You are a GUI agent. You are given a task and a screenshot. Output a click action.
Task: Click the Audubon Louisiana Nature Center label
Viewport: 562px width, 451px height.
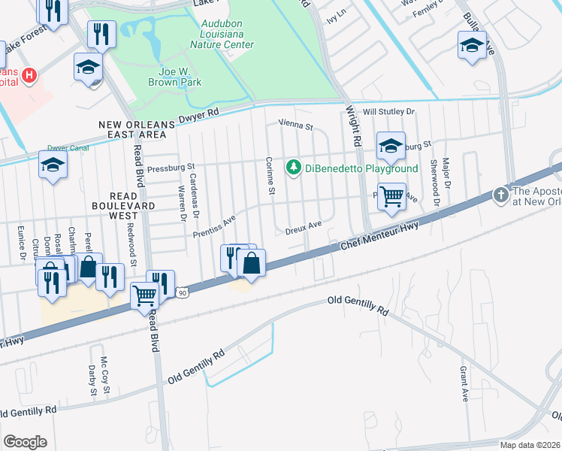click(227, 34)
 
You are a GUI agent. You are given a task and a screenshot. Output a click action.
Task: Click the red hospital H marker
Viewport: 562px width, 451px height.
click(29, 75)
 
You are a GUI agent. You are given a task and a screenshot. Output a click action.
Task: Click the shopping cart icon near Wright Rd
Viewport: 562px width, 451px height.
click(391, 198)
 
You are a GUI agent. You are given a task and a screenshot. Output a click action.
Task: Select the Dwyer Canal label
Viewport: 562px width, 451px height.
click(68, 148)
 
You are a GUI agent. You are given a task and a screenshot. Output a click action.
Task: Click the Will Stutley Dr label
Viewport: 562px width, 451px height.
click(388, 112)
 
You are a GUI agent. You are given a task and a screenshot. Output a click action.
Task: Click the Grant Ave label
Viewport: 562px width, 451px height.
click(464, 385)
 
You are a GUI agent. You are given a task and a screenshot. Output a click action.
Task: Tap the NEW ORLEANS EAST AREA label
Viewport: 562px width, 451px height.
click(131, 128)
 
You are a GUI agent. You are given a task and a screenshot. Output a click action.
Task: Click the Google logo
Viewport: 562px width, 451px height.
click(25, 441)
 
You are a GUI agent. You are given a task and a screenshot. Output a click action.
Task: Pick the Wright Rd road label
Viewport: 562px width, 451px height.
click(350, 125)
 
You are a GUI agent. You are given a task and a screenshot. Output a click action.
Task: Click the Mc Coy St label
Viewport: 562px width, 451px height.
click(104, 377)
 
